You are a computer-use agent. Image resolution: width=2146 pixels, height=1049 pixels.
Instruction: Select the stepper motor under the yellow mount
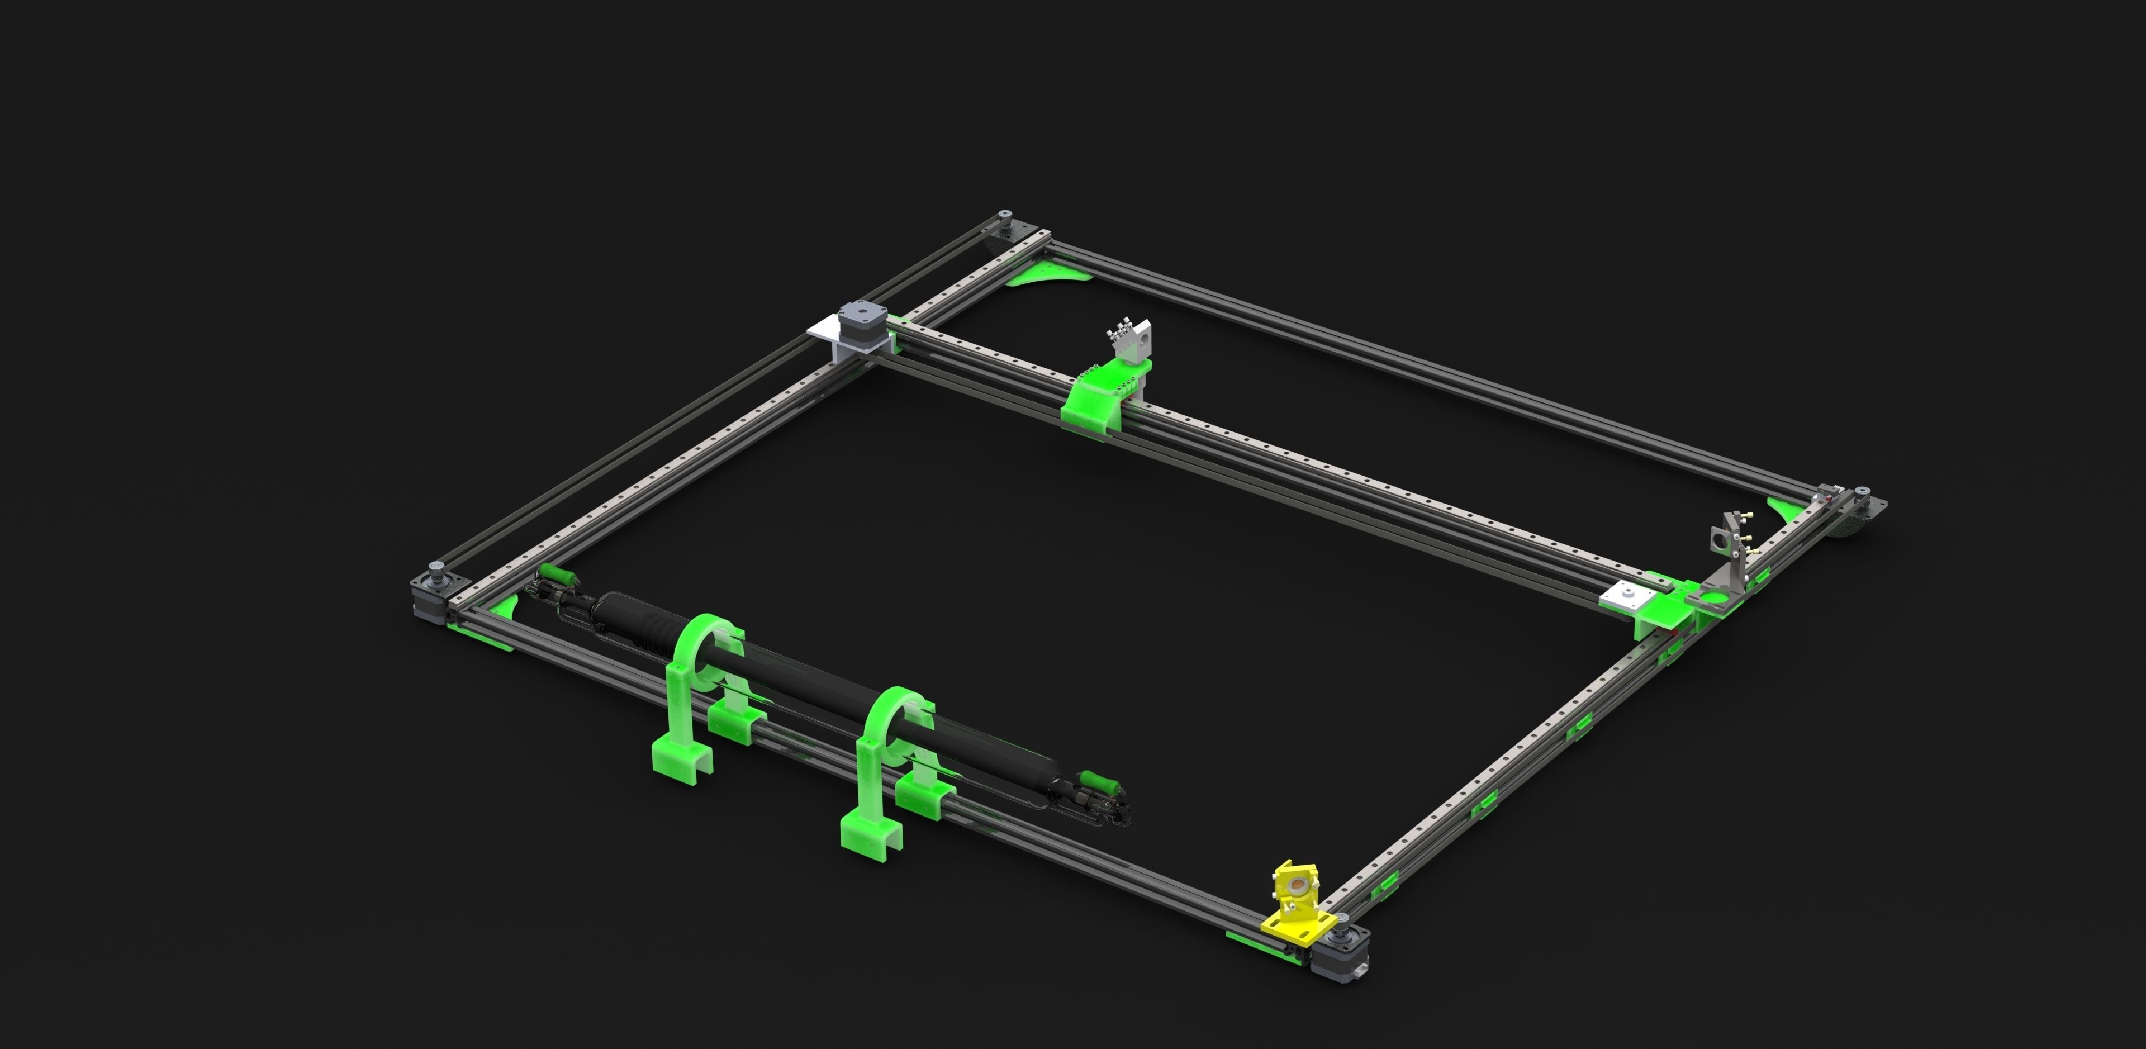tap(1338, 954)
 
